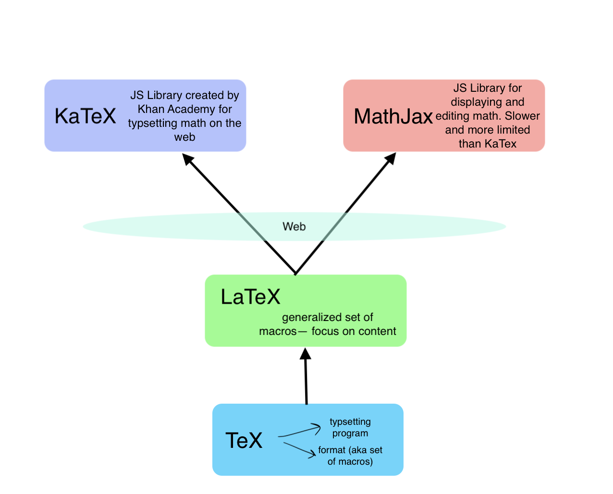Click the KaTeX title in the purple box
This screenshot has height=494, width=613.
86,116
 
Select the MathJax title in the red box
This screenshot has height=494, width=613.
393,116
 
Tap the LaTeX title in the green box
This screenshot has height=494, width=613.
250,297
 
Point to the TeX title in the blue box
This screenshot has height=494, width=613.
244,440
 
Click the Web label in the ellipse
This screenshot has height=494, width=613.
294,226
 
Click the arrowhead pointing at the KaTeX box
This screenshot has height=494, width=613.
188,159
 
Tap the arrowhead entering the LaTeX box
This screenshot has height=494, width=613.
305,354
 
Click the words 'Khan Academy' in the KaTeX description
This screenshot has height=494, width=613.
185,109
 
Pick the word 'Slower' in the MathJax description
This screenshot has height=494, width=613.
522,116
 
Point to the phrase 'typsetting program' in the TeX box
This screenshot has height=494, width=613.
350,427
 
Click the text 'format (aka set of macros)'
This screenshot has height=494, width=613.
350,456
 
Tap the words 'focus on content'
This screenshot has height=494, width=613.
354,331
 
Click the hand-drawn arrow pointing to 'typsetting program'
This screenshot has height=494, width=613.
301,430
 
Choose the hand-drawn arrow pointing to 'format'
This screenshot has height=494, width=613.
300,450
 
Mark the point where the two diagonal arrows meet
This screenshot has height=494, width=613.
295,273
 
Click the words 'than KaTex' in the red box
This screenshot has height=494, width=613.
488,144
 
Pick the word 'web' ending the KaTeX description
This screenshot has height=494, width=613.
184,137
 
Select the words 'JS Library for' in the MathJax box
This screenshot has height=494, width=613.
488,88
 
